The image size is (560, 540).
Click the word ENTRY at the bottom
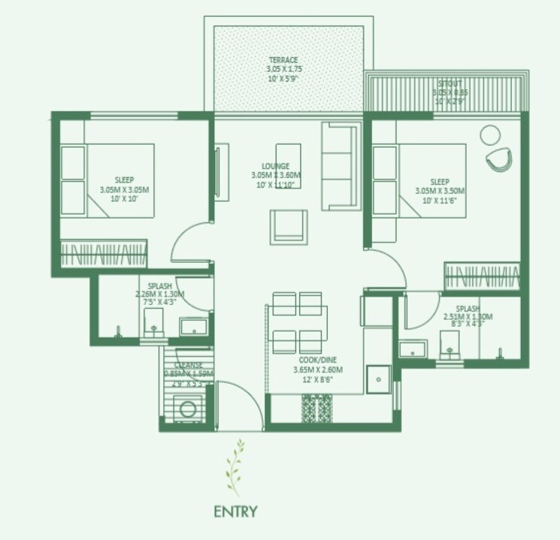coord(235,513)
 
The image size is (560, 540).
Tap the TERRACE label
coord(283,60)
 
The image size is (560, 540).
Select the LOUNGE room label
coord(276,166)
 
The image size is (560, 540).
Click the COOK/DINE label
coord(316,361)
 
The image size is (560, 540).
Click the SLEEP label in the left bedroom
coord(124,180)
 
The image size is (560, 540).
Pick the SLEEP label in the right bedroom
coord(440,183)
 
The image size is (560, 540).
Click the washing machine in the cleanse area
coord(189,410)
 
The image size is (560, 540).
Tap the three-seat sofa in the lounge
coord(340,164)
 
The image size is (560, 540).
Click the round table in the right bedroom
coord(490,134)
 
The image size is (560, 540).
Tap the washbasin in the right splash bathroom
coord(413,348)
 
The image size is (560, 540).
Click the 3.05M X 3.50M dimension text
coord(440,192)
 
